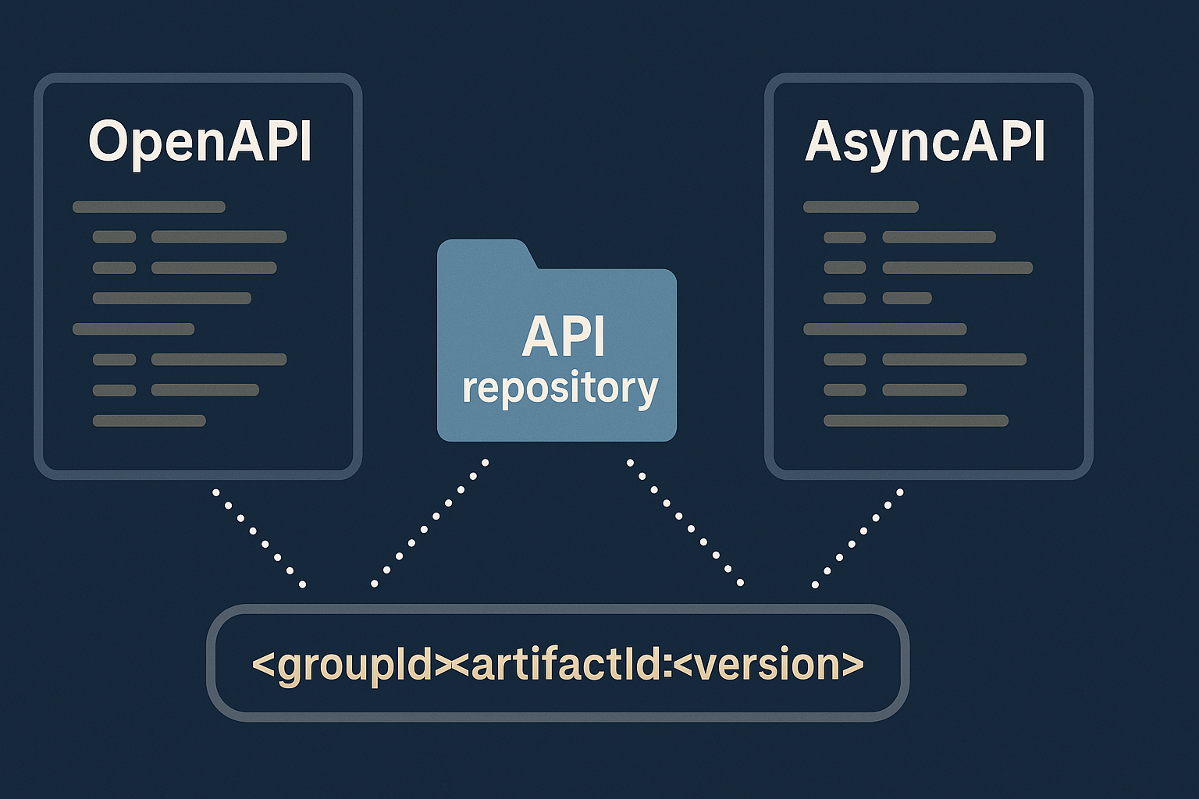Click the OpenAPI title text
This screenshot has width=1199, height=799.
(x=200, y=142)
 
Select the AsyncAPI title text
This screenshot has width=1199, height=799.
(x=925, y=142)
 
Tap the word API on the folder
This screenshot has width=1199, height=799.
(x=564, y=337)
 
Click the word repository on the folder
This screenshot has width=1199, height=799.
(x=560, y=388)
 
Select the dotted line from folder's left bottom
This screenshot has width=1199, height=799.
(x=430, y=522)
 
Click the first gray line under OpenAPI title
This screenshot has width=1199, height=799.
(x=148, y=207)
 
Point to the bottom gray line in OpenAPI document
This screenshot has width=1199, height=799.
(x=149, y=421)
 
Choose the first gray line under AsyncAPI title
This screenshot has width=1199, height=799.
(x=860, y=207)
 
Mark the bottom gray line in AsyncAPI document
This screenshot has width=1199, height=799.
(x=916, y=421)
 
